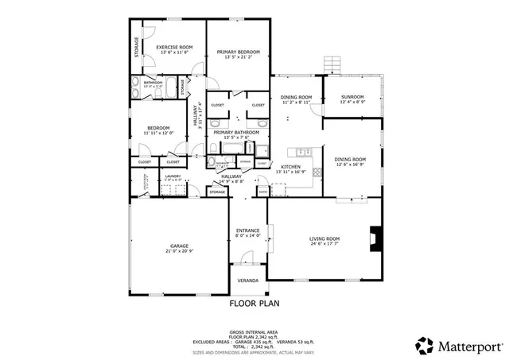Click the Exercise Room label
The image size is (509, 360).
click(x=174, y=48)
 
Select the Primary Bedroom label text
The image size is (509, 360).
click(x=239, y=52)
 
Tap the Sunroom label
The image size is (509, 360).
click(x=352, y=97)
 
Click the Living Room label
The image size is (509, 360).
click(x=324, y=239)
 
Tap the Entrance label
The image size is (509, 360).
click(x=248, y=231)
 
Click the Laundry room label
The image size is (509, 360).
click(x=173, y=176)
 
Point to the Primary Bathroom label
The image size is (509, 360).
click(x=238, y=133)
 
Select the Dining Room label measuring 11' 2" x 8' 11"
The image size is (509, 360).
click(x=295, y=99)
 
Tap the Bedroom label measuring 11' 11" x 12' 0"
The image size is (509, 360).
click(x=157, y=129)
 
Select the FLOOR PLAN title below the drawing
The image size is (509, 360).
click(x=254, y=303)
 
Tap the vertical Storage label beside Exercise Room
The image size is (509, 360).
click(x=137, y=47)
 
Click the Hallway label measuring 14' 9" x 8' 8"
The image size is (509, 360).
click(x=231, y=179)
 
